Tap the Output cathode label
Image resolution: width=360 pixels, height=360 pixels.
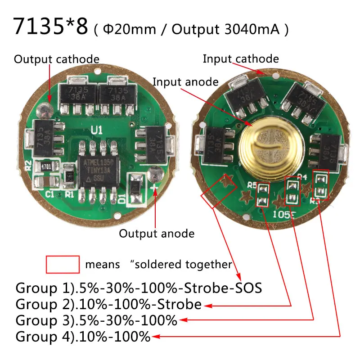[57, 59]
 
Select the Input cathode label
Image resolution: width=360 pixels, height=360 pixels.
[241, 58]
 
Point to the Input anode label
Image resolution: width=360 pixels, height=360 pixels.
[186, 82]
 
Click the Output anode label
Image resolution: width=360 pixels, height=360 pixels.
[157, 234]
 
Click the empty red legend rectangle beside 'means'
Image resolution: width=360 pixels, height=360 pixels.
[63, 264]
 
